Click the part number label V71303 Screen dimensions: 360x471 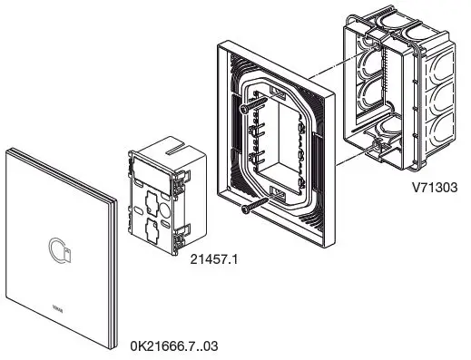point(433,190)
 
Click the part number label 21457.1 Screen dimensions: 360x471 point(213,259)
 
